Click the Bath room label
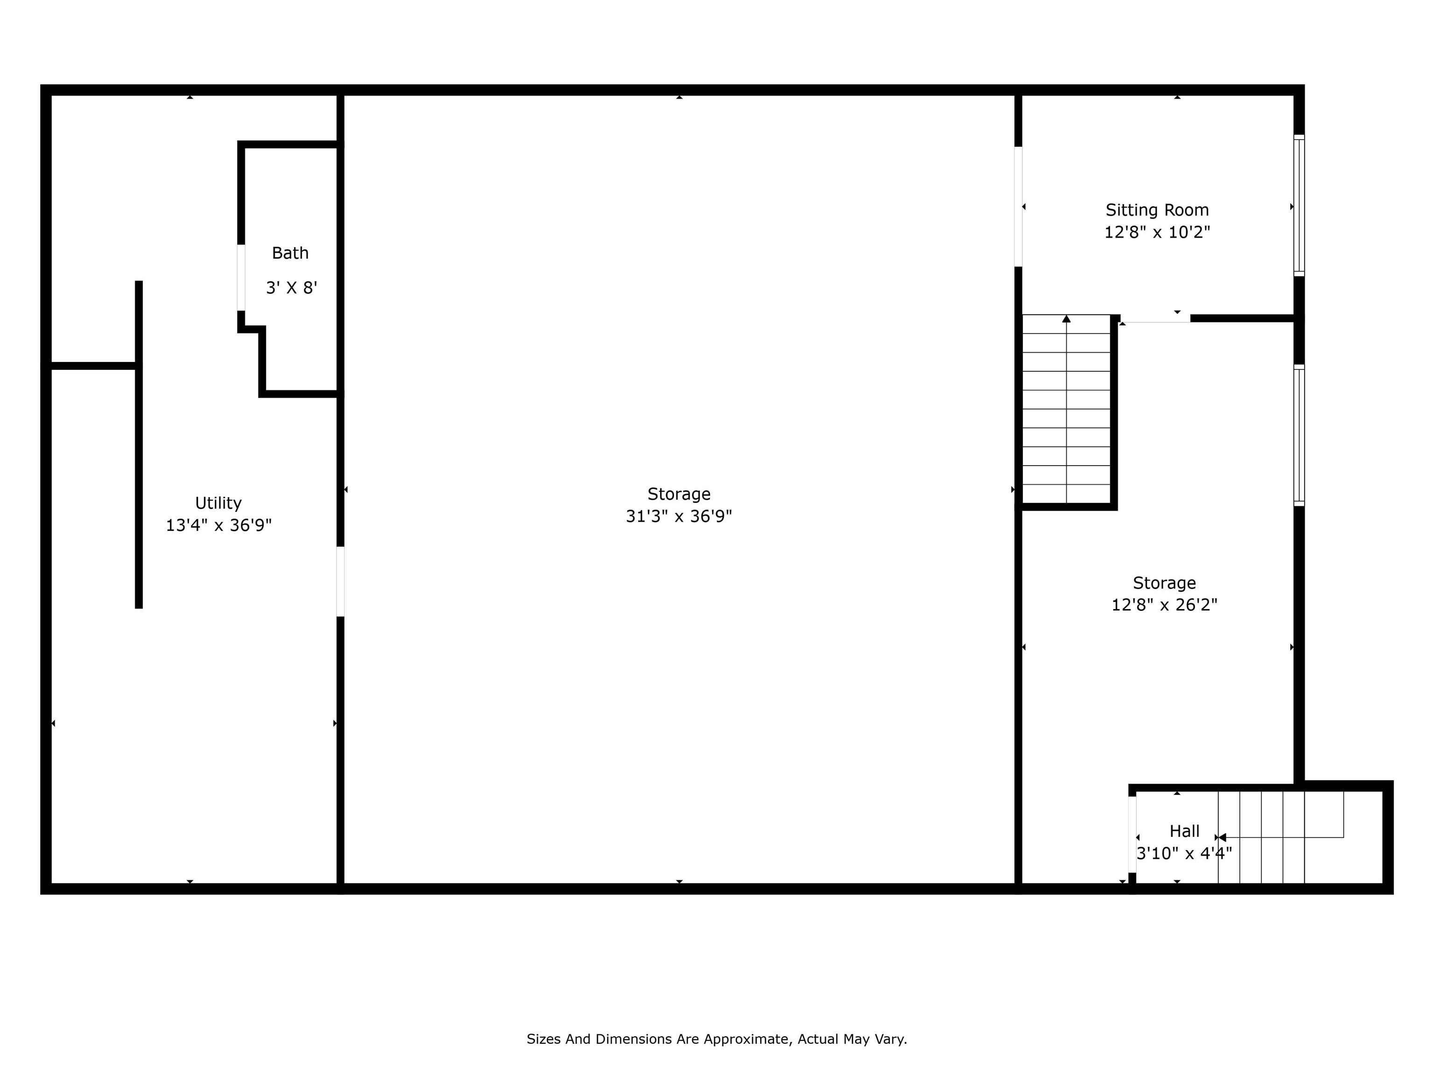[290, 253]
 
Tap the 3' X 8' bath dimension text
[291, 287]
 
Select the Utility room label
[218, 503]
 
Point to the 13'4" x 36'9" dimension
[218, 525]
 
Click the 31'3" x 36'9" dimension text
[679, 516]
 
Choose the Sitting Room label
[1157, 210]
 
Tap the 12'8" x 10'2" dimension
[1157, 232]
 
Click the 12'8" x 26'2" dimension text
[1164, 604]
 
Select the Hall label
[1184, 831]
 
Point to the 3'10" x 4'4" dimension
[1184, 853]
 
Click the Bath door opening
[241, 277]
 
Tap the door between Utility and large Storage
[340, 582]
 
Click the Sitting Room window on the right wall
[1299, 205]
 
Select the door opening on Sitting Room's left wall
[1019, 207]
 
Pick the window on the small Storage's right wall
[1299, 435]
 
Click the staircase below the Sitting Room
[1067, 409]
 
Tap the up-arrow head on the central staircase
[1067, 319]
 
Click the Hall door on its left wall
[1132, 834]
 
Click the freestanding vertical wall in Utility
[139, 445]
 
